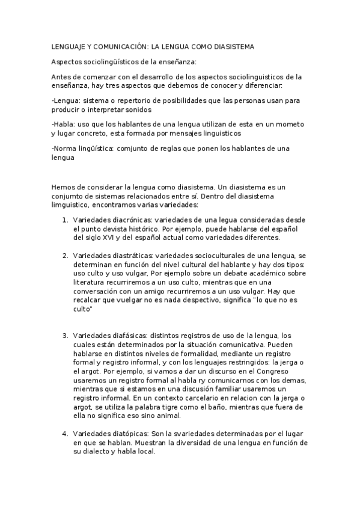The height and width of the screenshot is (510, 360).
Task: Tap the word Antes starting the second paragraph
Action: [62, 76]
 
